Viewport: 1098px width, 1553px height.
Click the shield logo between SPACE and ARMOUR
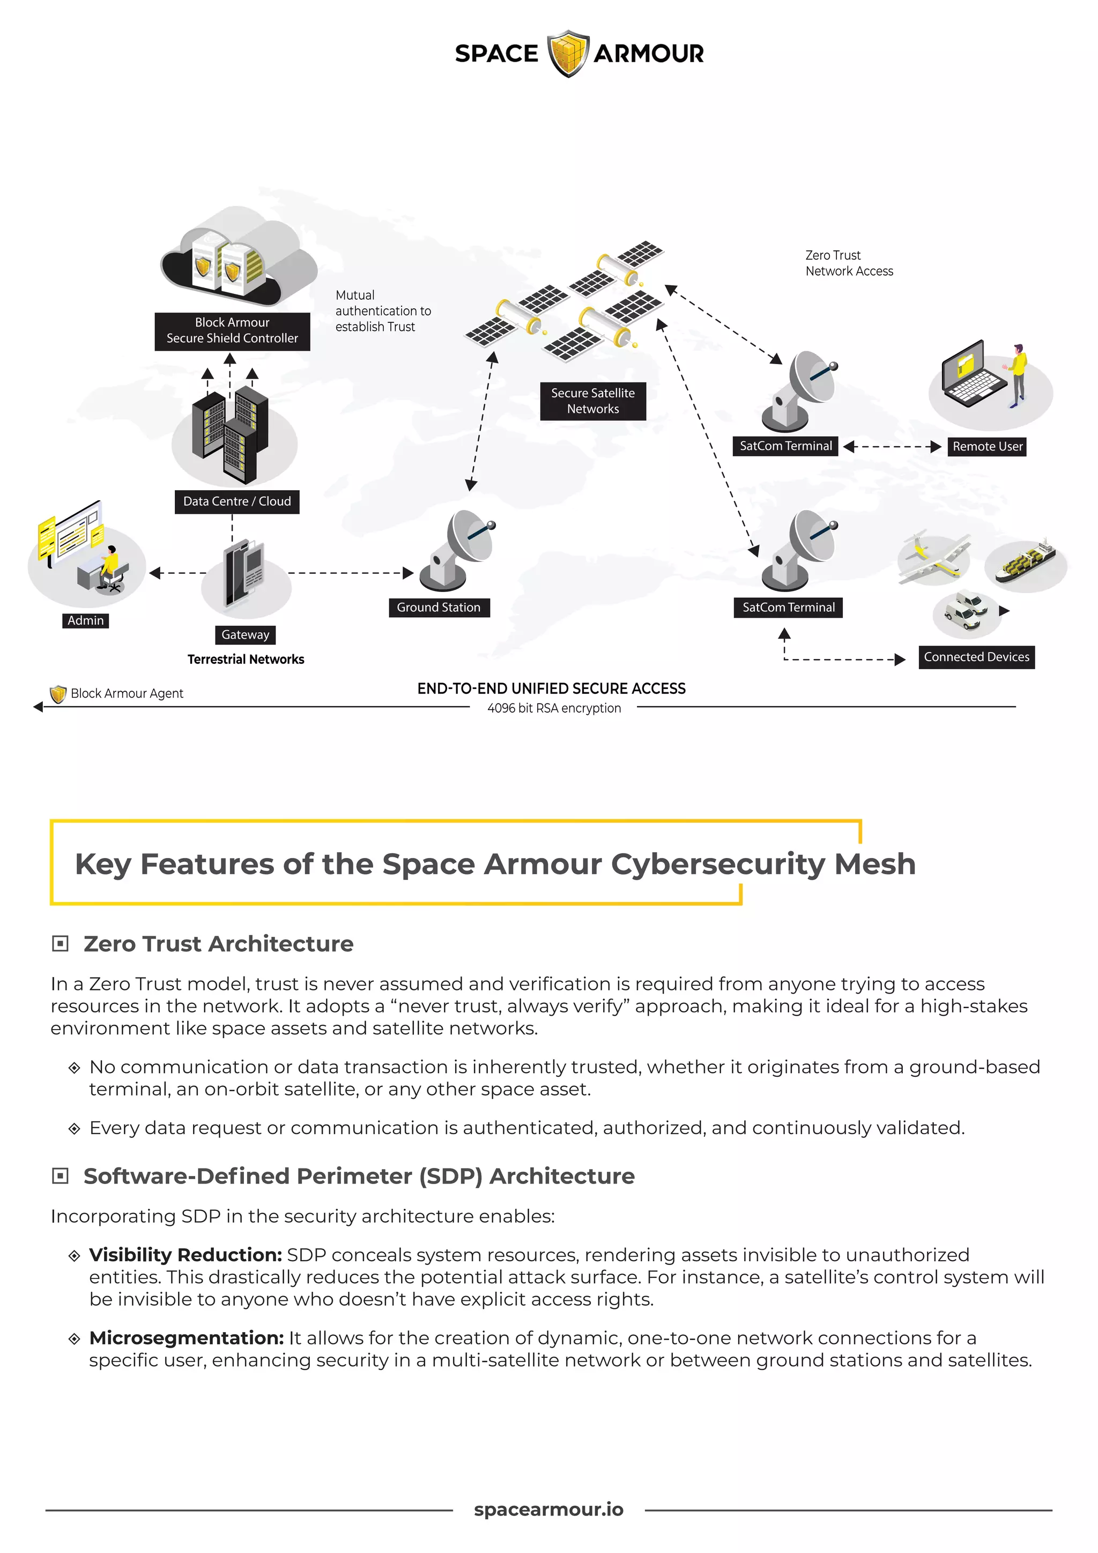click(567, 54)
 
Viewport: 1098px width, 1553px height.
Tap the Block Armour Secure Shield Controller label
click(232, 331)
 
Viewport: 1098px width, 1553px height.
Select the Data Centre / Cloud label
click(236, 501)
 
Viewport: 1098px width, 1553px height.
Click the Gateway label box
click(245, 634)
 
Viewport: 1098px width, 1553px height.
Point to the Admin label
click(86, 620)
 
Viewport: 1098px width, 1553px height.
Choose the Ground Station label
click(438, 608)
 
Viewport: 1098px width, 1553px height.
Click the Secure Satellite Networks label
click(592, 401)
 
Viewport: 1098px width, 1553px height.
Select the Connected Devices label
click(976, 657)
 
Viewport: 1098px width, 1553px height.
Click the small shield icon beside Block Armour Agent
click(58, 694)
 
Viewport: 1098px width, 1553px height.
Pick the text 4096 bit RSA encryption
click(554, 708)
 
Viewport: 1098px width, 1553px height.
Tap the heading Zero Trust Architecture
click(218, 944)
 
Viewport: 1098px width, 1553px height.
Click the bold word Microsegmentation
click(186, 1338)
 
